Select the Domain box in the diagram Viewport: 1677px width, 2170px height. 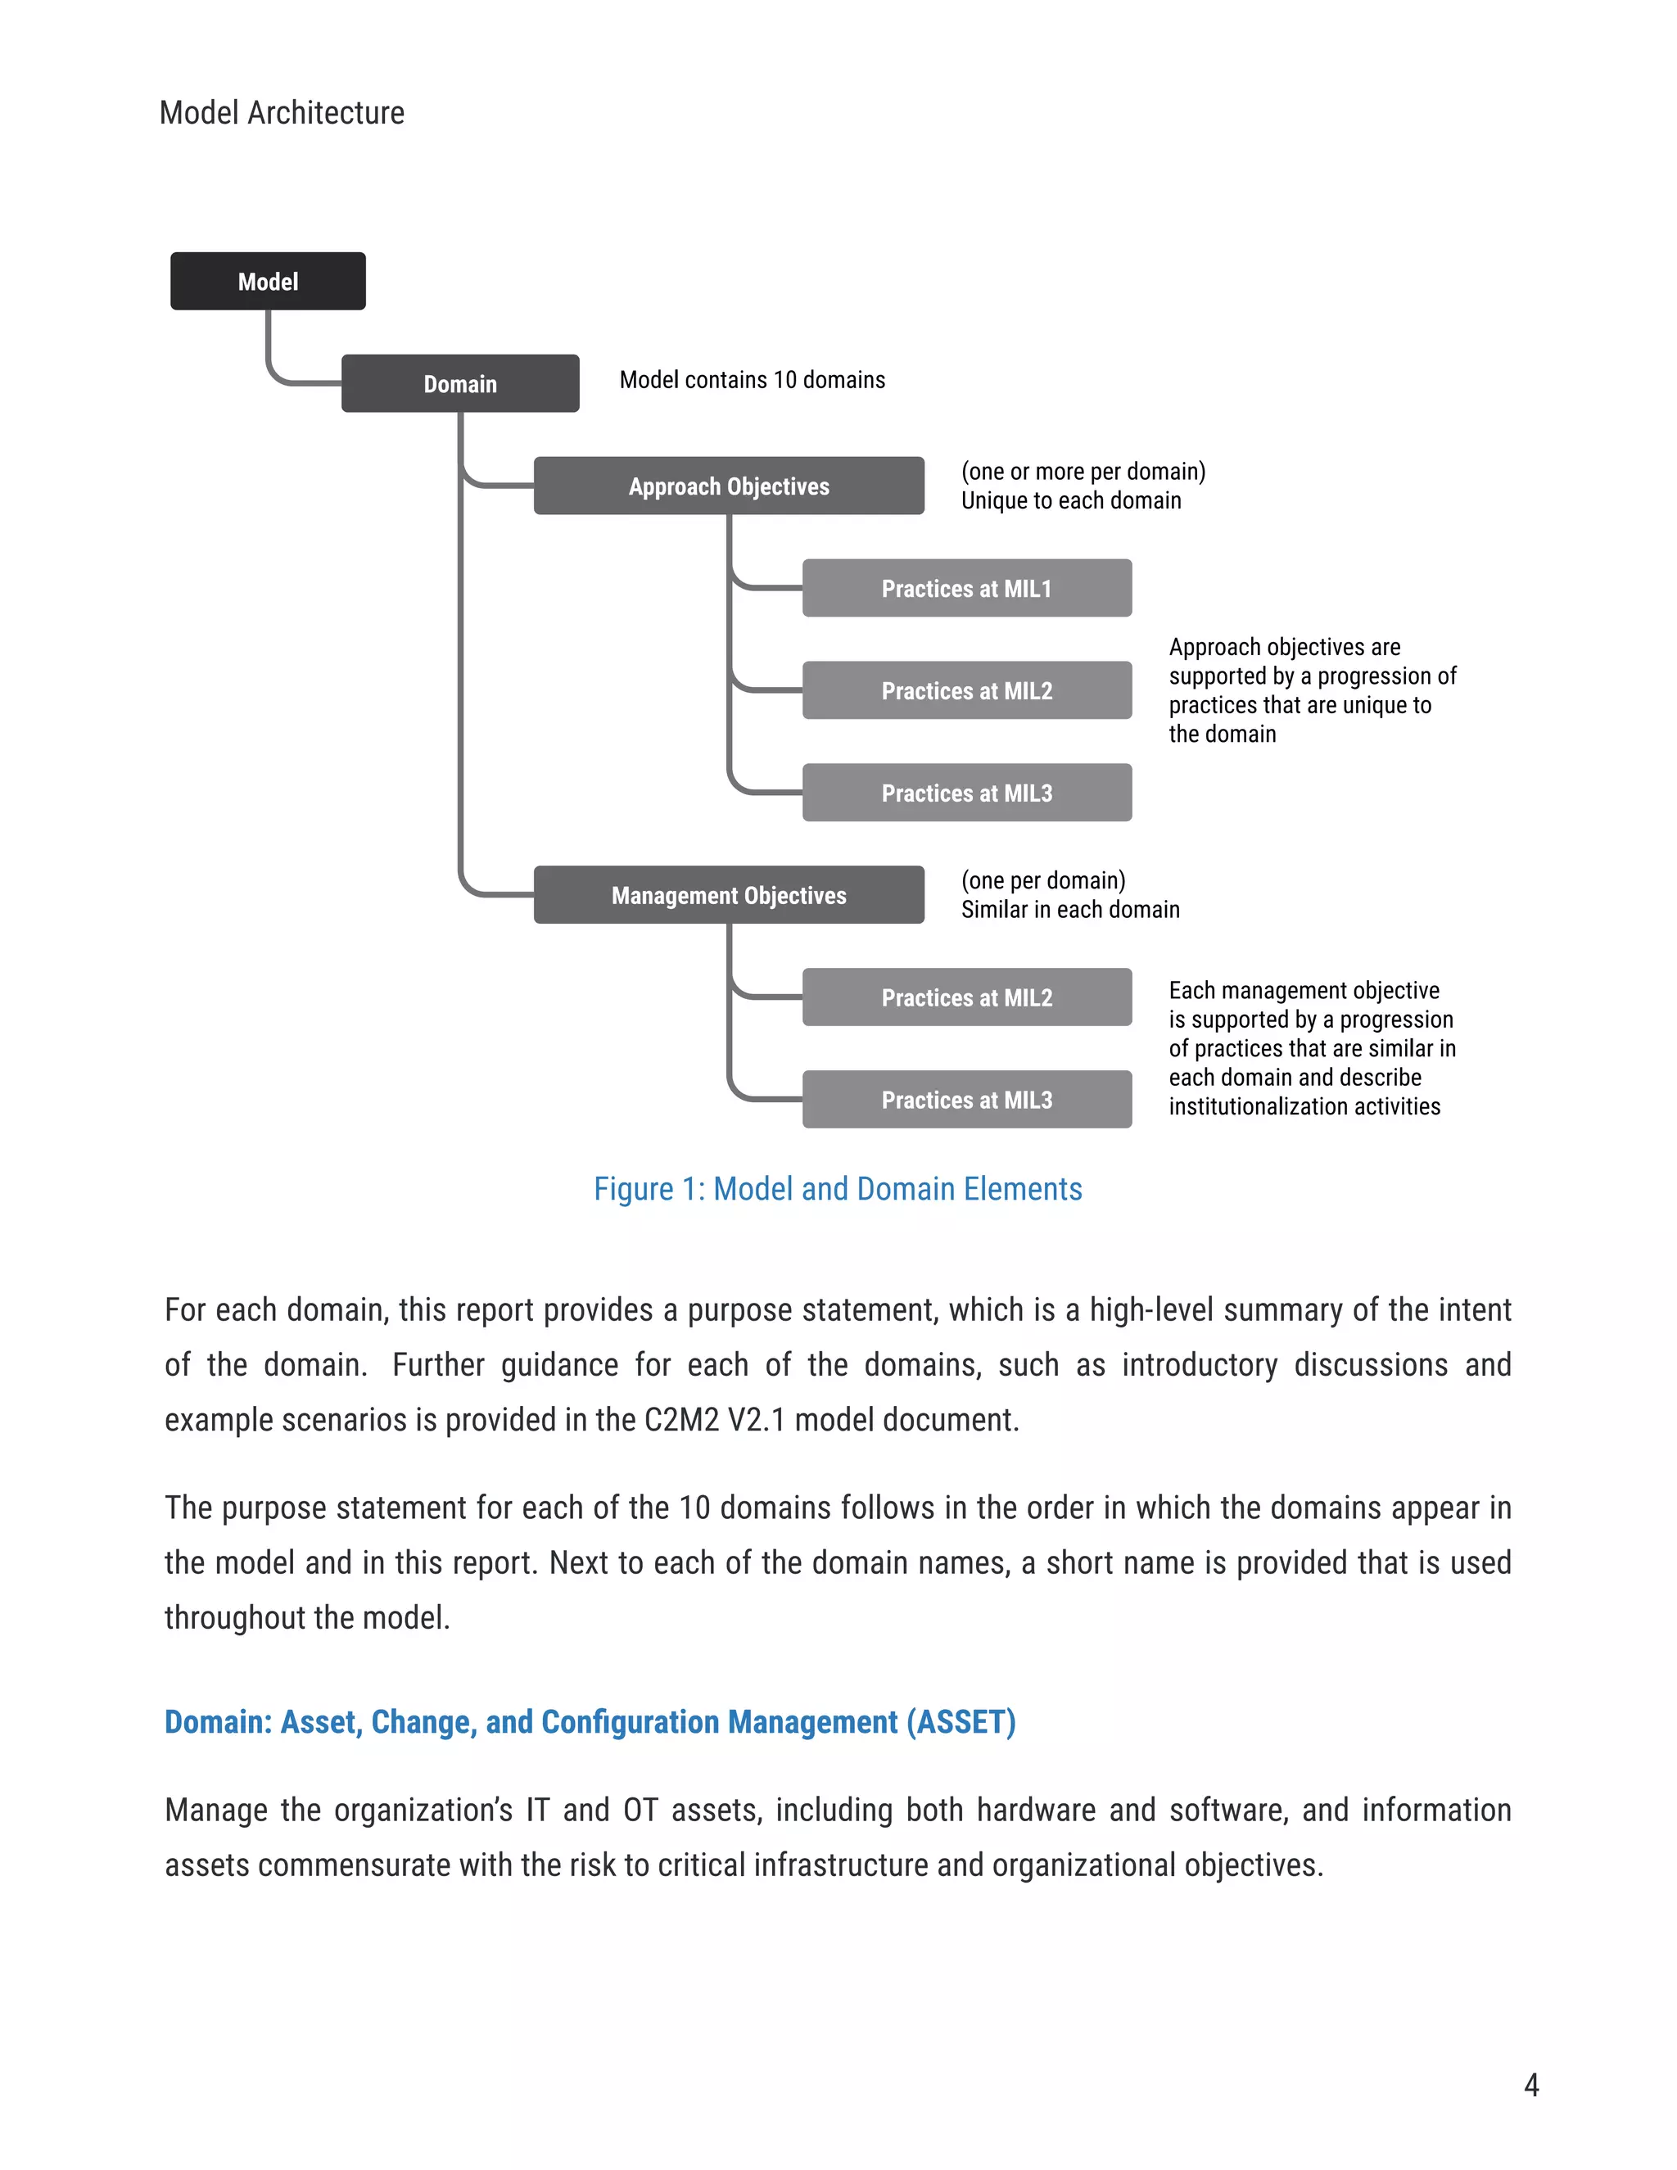pyautogui.click(x=460, y=383)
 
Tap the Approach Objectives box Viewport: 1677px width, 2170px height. pyautogui.click(x=728, y=486)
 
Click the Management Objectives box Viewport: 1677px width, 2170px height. pyautogui.click(x=728, y=895)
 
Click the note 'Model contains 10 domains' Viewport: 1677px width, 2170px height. pyautogui.click(x=752, y=380)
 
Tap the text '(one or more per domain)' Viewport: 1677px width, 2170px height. pyautogui.click(x=1083, y=471)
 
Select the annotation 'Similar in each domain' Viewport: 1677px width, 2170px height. pyautogui.click(x=1070, y=909)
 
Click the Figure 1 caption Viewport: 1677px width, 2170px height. pyautogui.click(x=838, y=1188)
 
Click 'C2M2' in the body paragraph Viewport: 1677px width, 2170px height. pyautogui.click(x=680, y=1420)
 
